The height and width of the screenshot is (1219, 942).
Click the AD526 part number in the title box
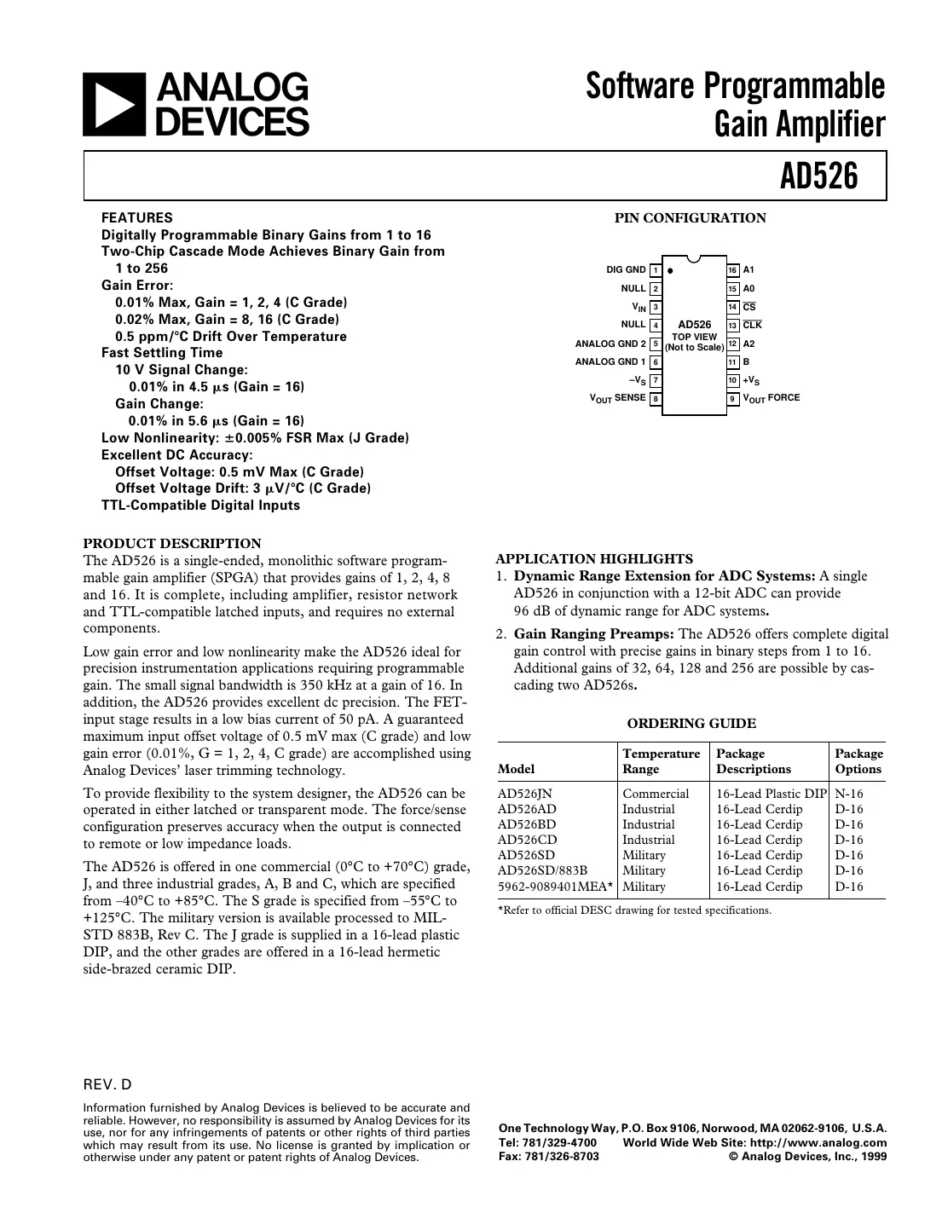pyautogui.click(x=818, y=176)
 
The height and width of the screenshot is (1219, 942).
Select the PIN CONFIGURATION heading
pyautogui.click(x=690, y=218)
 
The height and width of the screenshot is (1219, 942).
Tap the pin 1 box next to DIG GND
pyautogui.click(x=655, y=270)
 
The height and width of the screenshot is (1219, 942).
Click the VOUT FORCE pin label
pyautogui.click(x=772, y=398)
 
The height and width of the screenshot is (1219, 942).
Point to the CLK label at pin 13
pyautogui.click(x=752, y=325)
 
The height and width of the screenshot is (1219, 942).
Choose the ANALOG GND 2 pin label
pyautogui.click(x=610, y=344)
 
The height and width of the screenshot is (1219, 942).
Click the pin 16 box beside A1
pyautogui.click(x=732, y=270)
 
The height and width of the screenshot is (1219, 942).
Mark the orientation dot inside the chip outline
pyautogui.click(x=671, y=270)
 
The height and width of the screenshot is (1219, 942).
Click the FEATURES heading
pyautogui.click(x=136, y=217)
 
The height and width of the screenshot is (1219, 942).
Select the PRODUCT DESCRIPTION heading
pyautogui.click(x=172, y=543)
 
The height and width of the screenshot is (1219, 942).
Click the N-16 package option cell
pyautogui.click(x=849, y=794)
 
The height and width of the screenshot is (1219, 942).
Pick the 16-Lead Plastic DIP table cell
pyautogui.click(x=771, y=794)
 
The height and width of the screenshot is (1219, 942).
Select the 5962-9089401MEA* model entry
pyautogui.click(x=555, y=887)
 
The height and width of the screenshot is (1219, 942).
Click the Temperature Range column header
pyautogui.click(x=661, y=761)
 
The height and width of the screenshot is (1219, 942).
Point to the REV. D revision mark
pyautogui.click(x=107, y=1085)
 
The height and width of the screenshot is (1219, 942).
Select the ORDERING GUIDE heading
pyautogui.click(x=691, y=724)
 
